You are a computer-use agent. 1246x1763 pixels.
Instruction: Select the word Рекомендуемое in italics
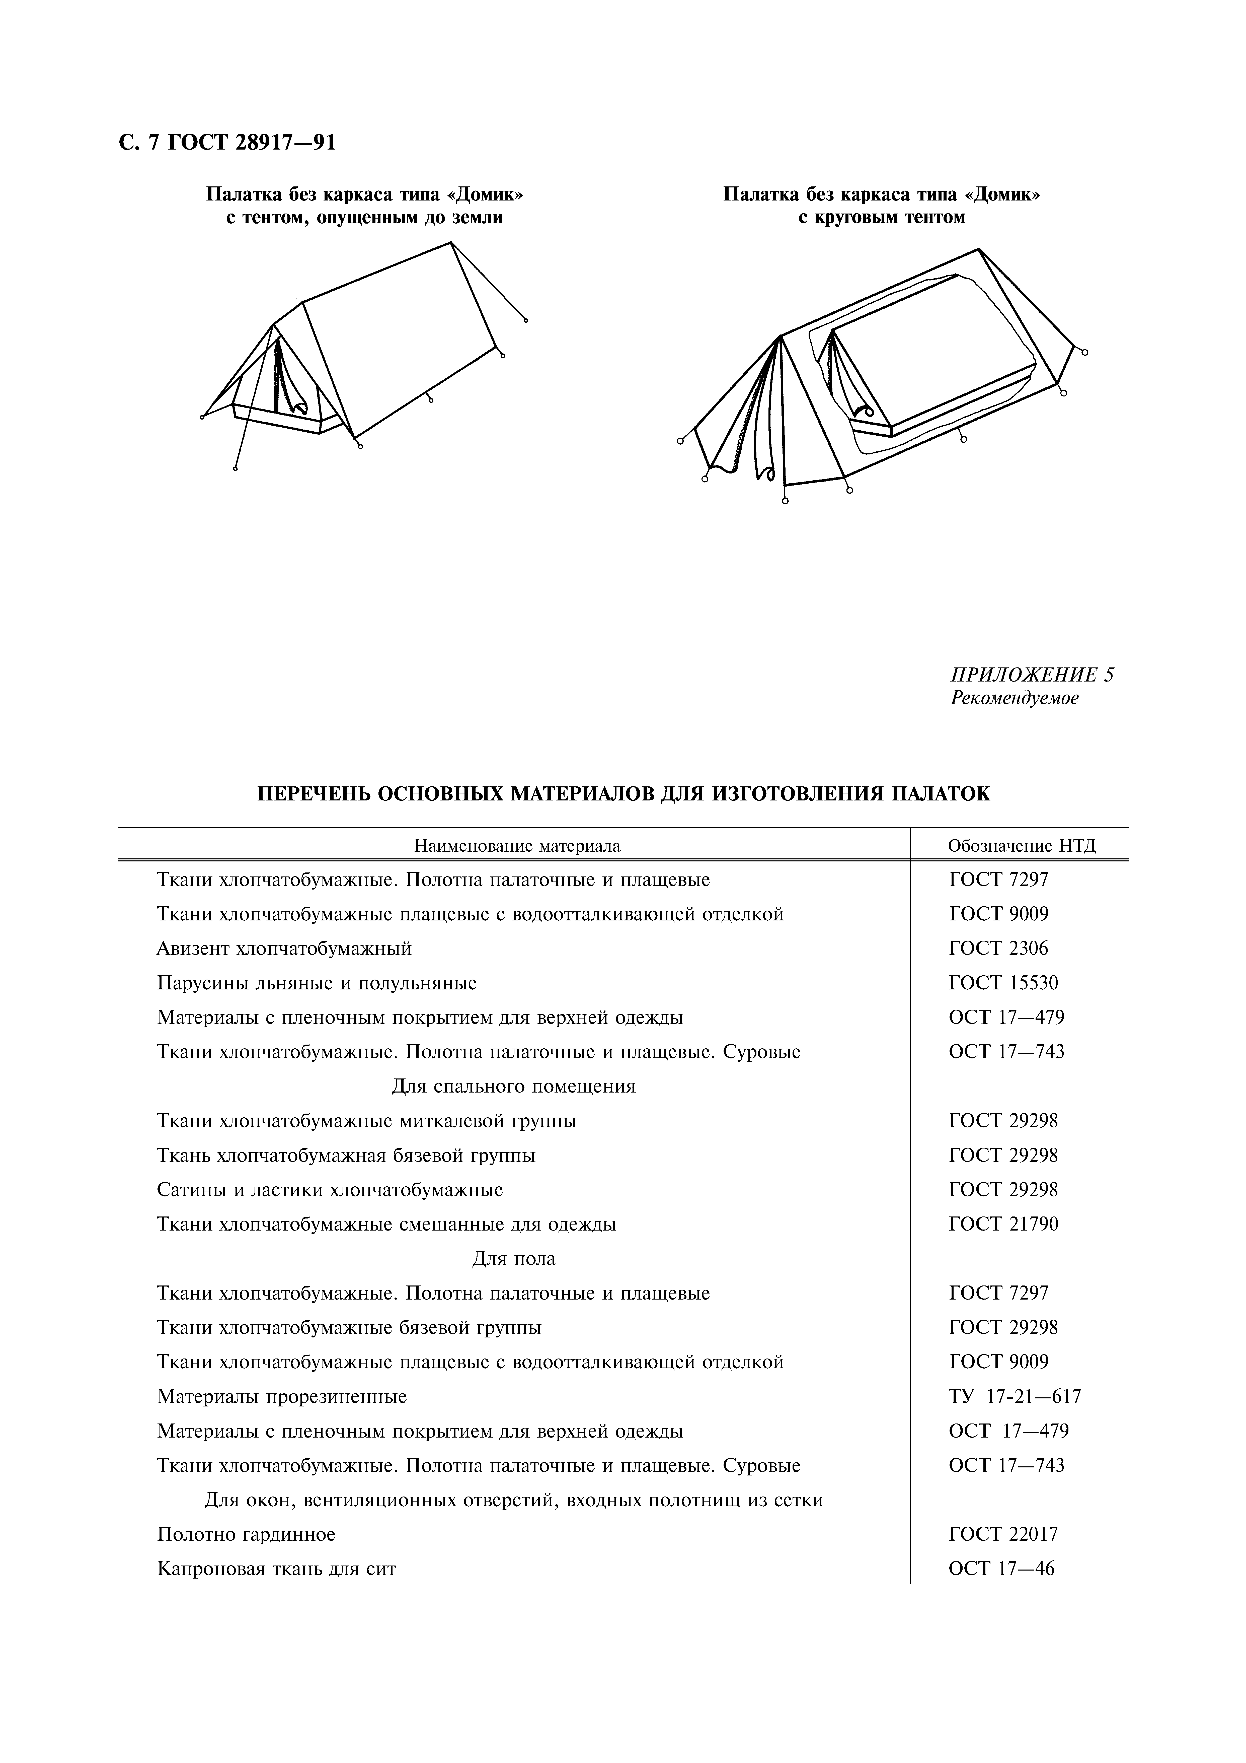[x=1014, y=698]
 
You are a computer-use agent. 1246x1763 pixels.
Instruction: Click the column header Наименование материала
[x=517, y=846]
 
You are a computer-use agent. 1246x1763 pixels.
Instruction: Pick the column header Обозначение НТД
[x=1022, y=846]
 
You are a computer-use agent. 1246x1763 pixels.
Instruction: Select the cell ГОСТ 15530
[x=1003, y=983]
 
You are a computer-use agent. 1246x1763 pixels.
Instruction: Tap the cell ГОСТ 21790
[x=1003, y=1224]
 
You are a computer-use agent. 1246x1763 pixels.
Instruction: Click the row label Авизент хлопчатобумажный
[x=284, y=948]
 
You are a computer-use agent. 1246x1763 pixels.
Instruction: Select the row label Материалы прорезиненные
[x=282, y=1396]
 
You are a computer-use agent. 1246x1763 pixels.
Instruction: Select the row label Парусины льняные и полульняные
[x=316, y=983]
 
